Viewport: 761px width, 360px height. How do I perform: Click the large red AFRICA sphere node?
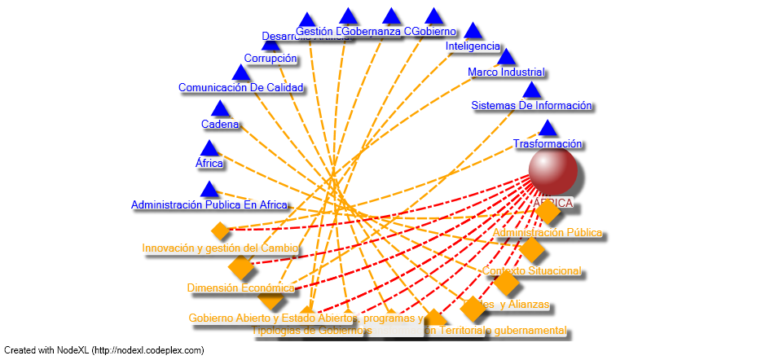[552, 171]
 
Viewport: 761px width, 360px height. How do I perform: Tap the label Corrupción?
[271, 59]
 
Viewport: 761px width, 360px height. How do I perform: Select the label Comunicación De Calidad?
[240, 87]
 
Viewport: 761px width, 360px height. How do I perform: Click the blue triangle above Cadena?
[220, 108]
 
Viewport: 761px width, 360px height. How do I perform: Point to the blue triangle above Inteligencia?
[473, 31]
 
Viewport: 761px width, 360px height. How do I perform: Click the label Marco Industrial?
[506, 72]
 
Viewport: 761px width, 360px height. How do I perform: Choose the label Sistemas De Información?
[531, 106]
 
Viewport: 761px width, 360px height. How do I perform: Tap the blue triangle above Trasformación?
[548, 128]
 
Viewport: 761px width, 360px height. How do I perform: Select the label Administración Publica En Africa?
[209, 204]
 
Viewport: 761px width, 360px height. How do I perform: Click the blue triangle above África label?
[209, 148]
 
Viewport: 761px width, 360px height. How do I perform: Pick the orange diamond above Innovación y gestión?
[220, 230]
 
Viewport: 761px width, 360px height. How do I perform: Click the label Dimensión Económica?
[240, 288]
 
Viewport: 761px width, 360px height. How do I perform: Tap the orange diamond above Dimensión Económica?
[241, 266]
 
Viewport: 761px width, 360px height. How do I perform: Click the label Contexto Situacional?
[531, 270]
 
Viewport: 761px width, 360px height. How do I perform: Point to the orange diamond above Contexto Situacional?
[531, 250]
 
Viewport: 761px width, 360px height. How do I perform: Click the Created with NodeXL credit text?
[103, 350]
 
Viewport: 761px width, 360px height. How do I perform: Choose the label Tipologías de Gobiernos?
[312, 331]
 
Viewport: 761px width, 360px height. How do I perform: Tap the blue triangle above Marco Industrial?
[506, 57]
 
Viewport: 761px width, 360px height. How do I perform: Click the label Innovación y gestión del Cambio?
[220, 248]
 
